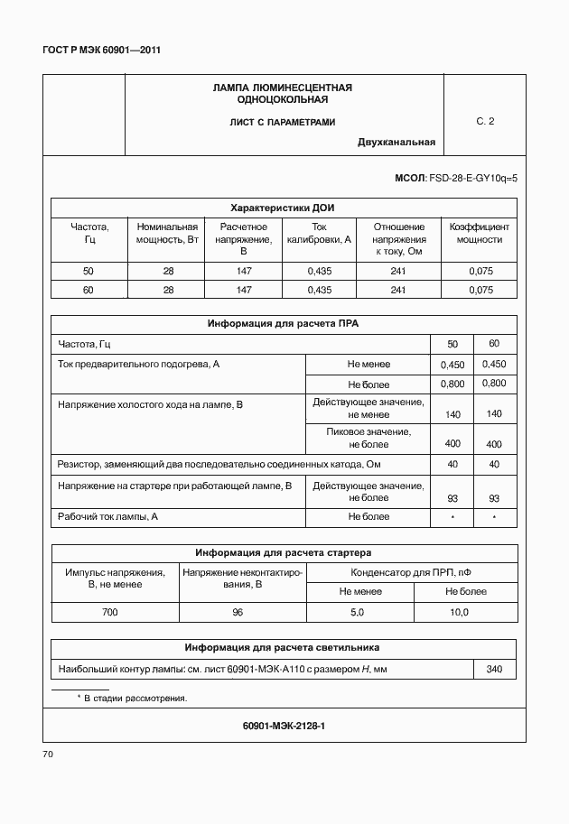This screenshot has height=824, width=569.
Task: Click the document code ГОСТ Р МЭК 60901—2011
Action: (101, 51)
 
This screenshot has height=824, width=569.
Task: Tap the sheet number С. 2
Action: (485, 121)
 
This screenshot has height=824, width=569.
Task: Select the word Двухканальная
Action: (396, 142)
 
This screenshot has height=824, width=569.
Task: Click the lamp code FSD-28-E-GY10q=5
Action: (472, 179)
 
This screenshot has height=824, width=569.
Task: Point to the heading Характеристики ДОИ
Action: (283, 207)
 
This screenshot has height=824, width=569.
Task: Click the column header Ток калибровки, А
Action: (320, 233)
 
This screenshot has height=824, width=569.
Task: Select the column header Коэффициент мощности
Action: (479, 233)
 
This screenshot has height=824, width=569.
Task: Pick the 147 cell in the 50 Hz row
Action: (244, 271)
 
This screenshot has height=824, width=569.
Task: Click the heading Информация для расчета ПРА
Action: (283, 323)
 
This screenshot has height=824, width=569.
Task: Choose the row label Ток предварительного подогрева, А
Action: (139, 363)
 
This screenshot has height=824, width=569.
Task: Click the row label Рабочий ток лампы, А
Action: (108, 516)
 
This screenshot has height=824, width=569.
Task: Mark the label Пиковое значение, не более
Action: (368, 438)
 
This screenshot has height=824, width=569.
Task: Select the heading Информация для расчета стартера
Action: (284, 552)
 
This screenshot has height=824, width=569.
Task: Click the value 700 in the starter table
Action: (109, 612)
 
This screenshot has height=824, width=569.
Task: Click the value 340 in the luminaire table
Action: (493, 669)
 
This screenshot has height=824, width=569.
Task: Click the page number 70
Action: (49, 753)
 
